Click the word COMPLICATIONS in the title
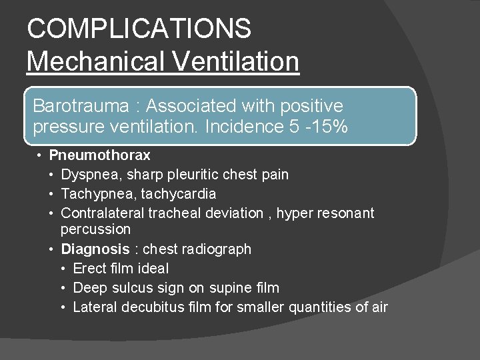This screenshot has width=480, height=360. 139,29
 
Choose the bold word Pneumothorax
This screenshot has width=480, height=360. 99,155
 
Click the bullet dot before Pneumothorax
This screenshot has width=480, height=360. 40,155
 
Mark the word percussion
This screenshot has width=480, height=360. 95,229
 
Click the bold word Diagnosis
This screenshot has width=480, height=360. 95,249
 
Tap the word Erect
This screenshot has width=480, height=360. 89,269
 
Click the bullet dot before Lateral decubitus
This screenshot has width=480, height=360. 63,307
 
